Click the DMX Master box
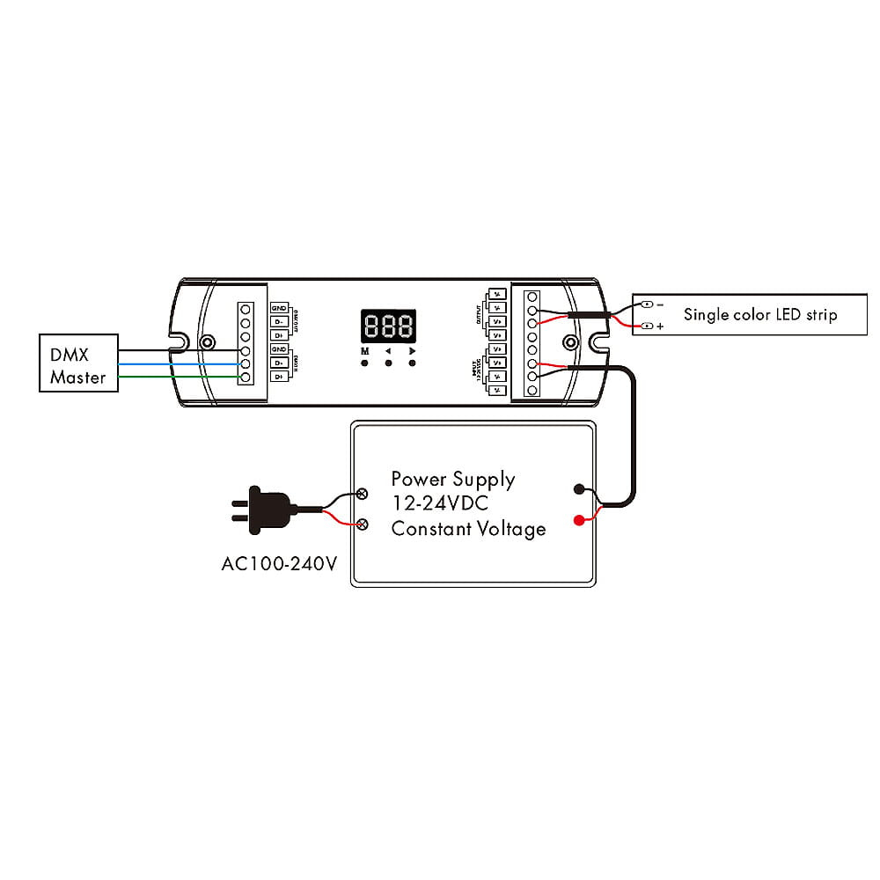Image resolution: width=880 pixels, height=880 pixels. pos(78,363)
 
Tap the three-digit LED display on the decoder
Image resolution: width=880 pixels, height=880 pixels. pos(387,327)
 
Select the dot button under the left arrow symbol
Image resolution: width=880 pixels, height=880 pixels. pos(388,363)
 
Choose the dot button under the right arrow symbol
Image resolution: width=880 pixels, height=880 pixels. pos(412,363)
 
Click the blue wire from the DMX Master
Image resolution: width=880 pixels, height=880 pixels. pos(176,363)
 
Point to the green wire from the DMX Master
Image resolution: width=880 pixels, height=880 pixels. pos(176,378)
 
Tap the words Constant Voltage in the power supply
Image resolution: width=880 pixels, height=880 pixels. pos(468,529)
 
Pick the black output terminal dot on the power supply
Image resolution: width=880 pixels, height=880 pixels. pos(578,488)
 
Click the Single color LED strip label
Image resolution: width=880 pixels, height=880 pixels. pos(760,314)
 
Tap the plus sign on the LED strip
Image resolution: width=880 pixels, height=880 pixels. pos(660,326)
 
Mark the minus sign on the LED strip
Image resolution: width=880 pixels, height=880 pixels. pos(660,304)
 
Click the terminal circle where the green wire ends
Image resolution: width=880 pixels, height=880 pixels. pos(246,378)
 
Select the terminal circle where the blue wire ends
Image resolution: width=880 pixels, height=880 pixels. pos(246,363)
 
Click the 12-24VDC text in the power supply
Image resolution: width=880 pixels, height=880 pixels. pos(440,504)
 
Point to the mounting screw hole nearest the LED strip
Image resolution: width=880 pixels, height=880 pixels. pos(570,342)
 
